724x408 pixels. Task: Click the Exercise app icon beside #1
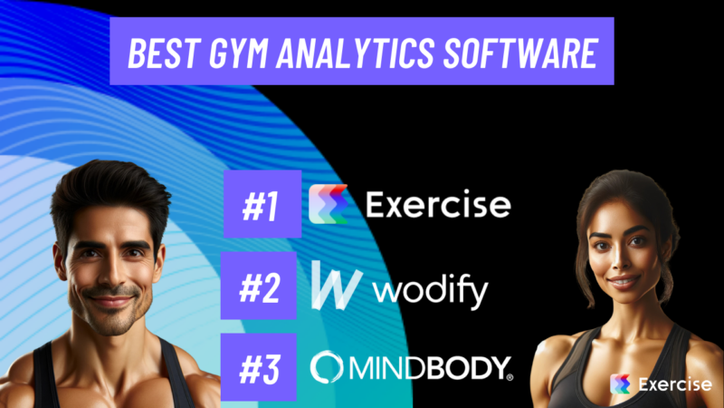tap(329, 204)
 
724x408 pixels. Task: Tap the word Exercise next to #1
tap(438, 205)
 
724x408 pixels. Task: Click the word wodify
tap(431, 292)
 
